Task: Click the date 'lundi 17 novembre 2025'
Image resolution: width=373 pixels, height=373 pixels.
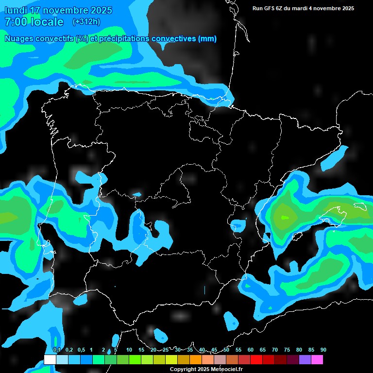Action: click(x=58, y=10)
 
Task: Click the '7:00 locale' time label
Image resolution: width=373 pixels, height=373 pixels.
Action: click(x=34, y=22)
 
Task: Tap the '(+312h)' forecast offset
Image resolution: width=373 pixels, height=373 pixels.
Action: click(x=86, y=22)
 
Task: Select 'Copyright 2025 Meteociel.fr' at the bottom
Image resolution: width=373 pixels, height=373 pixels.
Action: click(x=206, y=369)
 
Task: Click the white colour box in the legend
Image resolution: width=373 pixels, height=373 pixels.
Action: click(x=50, y=359)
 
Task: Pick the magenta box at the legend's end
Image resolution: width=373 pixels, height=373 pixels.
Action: click(x=317, y=359)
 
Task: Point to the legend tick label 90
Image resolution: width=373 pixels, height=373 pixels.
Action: click(x=323, y=350)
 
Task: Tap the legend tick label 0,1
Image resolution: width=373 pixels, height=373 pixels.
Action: click(x=56, y=350)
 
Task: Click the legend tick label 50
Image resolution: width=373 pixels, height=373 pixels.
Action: click(x=226, y=350)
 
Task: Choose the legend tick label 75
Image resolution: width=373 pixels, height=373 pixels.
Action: click(x=287, y=350)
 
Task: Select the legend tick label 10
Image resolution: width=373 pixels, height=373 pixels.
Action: click(x=129, y=350)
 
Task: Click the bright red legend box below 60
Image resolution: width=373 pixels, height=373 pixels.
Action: click(x=256, y=359)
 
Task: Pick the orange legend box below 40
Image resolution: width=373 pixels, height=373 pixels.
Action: click(x=196, y=359)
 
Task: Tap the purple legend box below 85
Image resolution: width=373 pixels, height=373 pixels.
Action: click(x=305, y=359)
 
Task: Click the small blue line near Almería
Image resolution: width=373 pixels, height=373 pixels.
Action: click(x=204, y=290)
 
